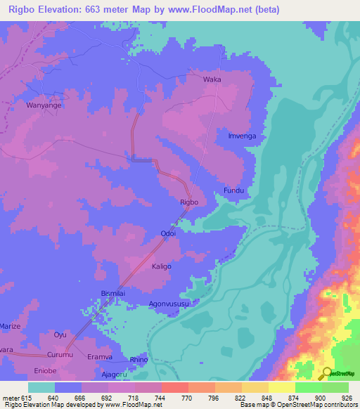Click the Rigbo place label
(x=189, y=202)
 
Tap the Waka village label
(x=212, y=79)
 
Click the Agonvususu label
(x=169, y=304)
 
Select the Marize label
(x=10, y=327)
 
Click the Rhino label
(x=140, y=359)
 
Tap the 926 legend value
(x=349, y=398)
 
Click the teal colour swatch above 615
(x=41, y=387)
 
